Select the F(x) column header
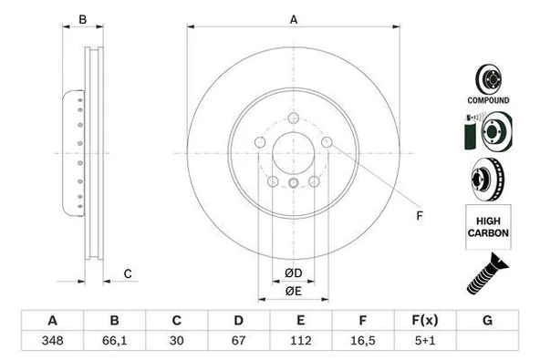(x=424, y=321)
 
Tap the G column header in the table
(x=487, y=321)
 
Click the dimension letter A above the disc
(x=294, y=19)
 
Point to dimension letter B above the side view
(x=82, y=19)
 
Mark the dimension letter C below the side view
(x=129, y=273)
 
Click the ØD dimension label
(x=293, y=273)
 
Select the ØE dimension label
(x=293, y=291)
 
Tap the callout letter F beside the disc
(x=420, y=216)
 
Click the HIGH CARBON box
(x=489, y=227)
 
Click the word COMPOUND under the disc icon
(x=489, y=99)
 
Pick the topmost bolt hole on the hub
(x=294, y=118)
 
